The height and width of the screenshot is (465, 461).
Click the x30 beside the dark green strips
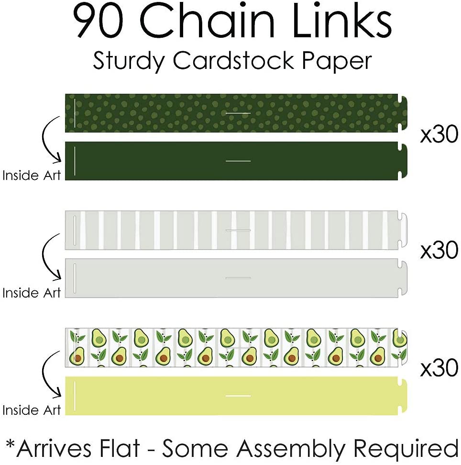pos(439,136)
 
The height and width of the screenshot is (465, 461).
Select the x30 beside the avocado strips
pos(439,368)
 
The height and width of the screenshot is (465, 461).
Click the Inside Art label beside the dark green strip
pos(32,176)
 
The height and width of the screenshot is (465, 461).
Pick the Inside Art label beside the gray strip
pos(32,292)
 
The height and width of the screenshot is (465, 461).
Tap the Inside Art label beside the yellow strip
pos(32,410)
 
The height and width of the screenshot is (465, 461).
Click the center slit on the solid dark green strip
pos(238,161)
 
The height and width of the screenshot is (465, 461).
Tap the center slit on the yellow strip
pos(238,396)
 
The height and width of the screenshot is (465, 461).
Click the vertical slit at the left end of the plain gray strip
pos(75,278)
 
